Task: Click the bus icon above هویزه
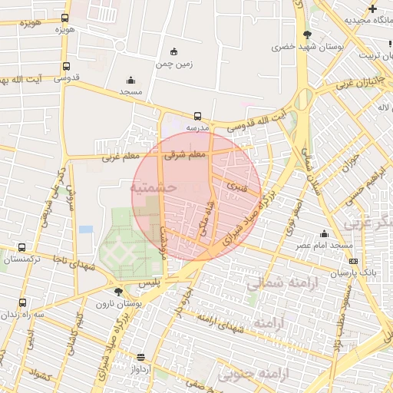(x=64, y=18)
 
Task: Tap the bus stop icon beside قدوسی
(x=67, y=66)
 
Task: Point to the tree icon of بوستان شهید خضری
(x=307, y=35)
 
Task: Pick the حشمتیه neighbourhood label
(x=154, y=187)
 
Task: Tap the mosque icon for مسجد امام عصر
(x=325, y=233)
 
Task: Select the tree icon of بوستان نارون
(x=117, y=292)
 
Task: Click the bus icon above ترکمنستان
(x=21, y=248)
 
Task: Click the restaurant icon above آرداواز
(x=140, y=357)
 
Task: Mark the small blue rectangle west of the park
(x=86, y=229)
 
